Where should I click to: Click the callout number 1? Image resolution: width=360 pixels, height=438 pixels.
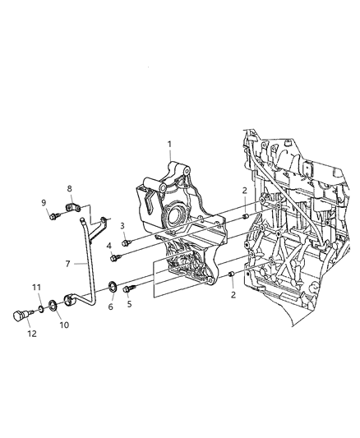pos(169,145)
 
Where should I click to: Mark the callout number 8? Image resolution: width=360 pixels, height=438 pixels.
pos(69,188)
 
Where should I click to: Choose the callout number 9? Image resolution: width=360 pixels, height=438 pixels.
pos(44,203)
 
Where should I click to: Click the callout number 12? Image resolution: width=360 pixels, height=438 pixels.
pos(32,334)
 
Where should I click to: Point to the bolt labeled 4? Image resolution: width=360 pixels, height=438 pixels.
pos(117,258)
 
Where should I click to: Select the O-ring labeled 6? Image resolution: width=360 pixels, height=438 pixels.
pos(111,288)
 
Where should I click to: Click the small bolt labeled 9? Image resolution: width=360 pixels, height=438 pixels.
pos(53,218)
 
